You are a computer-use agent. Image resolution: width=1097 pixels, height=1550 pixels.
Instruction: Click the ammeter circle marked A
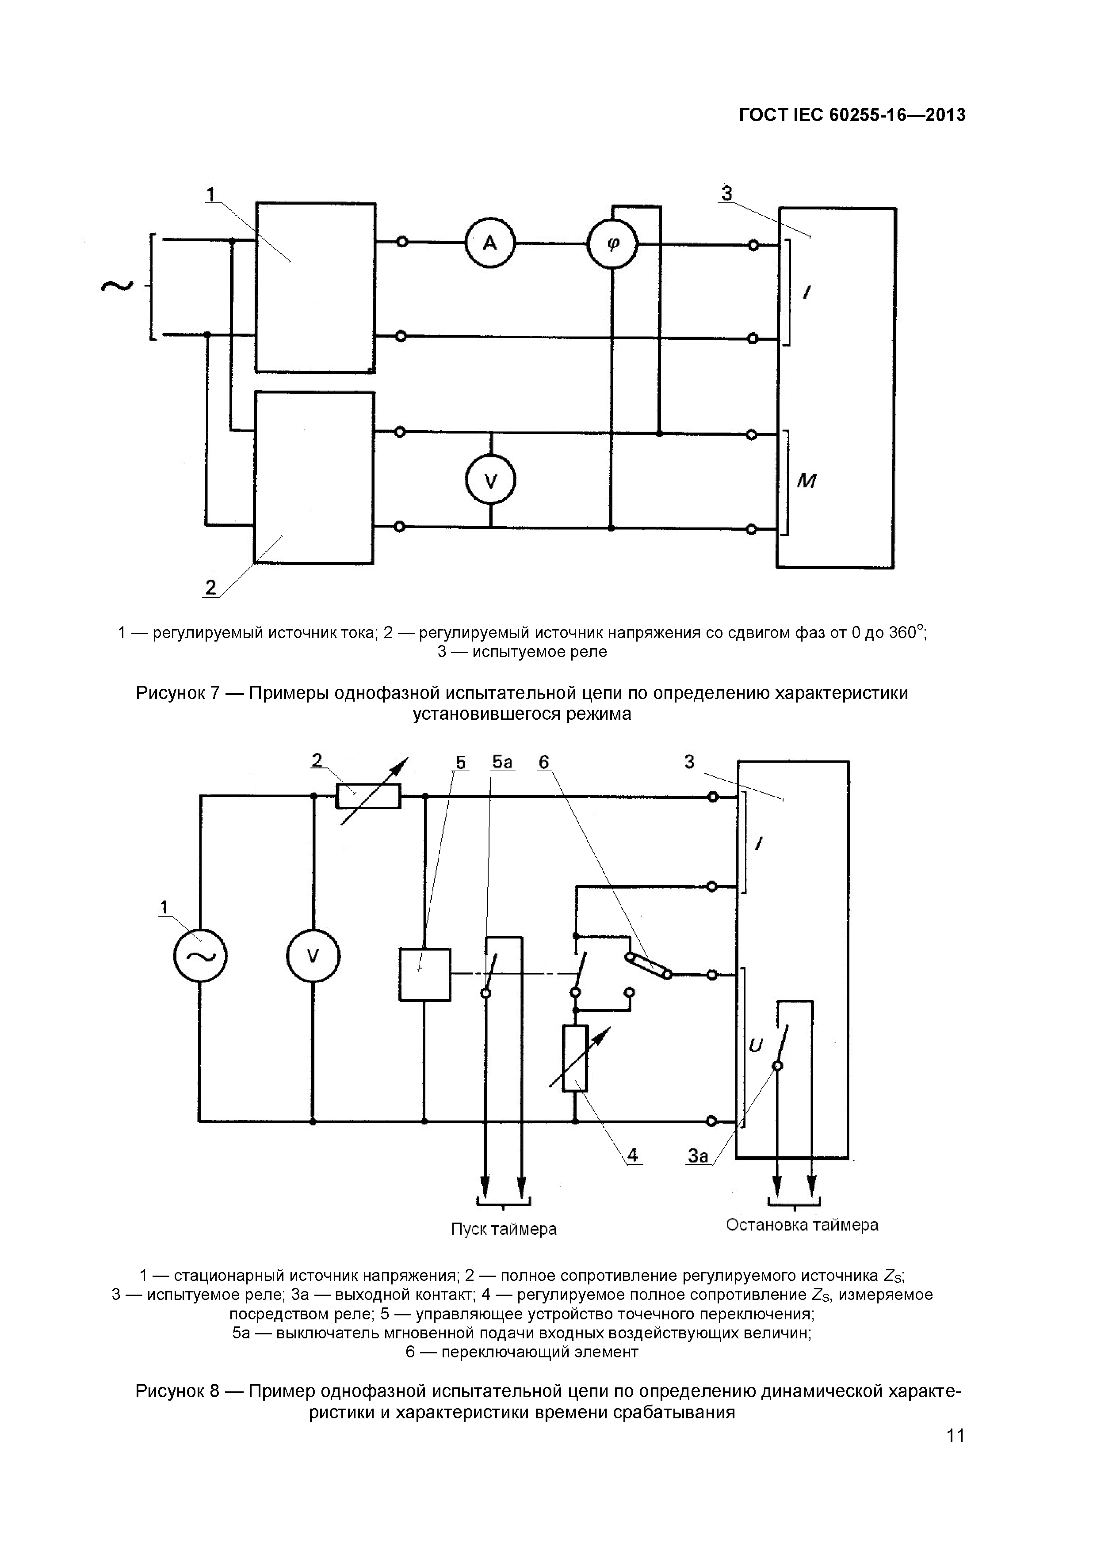pyautogui.click(x=490, y=243)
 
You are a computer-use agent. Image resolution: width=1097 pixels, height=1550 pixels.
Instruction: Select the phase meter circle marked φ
pyautogui.click(x=612, y=244)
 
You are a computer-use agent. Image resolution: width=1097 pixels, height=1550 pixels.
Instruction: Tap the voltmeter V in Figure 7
pyautogui.click(x=491, y=481)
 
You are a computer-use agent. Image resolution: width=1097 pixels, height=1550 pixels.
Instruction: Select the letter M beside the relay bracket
pyautogui.click(x=807, y=481)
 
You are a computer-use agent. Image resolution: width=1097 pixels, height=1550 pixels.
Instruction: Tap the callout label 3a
pyautogui.click(x=698, y=1156)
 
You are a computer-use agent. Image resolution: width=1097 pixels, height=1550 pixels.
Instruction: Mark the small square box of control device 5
pyautogui.click(x=425, y=974)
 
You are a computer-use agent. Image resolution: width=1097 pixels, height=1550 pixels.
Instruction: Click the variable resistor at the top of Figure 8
pyautogui.click(x=368, y=797)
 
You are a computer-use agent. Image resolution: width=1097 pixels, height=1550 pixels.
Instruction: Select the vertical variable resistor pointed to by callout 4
pyautogui.click(x=576, y=1059)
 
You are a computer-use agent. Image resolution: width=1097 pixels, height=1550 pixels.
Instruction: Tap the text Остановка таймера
pyautogui.click(x=802, y=1225)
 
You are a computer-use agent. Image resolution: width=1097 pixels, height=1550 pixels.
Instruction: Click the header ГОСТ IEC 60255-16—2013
pyautogui.click(x=852, y=115)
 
